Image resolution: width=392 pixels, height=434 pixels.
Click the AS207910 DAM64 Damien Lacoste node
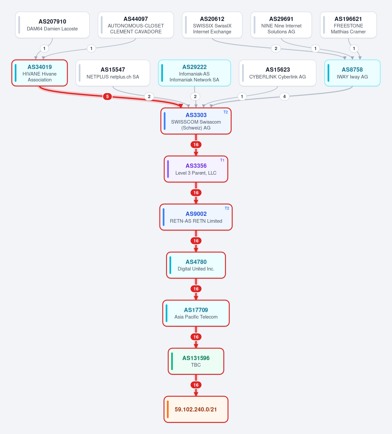click(52, 25)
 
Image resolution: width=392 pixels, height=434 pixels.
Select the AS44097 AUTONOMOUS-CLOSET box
click(136, 25)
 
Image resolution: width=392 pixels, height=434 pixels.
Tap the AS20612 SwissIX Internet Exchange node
click(212, 25)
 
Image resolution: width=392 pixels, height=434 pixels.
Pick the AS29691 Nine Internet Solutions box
click(281, 25)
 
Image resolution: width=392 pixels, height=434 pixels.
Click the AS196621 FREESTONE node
click(348, 25)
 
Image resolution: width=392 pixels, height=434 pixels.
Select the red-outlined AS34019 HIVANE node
click(40, 73)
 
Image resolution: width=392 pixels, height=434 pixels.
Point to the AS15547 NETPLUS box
click(113, 73)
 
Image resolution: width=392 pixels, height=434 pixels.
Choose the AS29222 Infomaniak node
click(194, 73)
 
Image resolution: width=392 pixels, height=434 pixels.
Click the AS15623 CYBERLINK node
click(278, 73)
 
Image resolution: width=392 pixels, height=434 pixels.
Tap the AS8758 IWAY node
click(352, 73)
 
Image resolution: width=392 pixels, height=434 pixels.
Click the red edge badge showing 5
click(107, 96)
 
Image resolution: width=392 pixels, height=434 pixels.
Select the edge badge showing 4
click(285, 96)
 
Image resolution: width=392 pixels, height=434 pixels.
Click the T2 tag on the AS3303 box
click(226, 112)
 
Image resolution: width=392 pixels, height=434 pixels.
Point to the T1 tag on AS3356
click(222, 160)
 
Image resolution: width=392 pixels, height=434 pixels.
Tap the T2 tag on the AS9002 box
click(227, 208)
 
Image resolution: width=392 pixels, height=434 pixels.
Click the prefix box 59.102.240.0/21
click(196, 409)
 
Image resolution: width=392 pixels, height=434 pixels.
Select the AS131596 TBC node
click(196, 361)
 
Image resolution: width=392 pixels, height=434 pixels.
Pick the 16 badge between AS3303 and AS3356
click(196, 145)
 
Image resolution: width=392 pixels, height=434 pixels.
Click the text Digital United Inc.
click(196, 269)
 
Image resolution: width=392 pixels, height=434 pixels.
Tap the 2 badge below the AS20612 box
click(276, 48)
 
